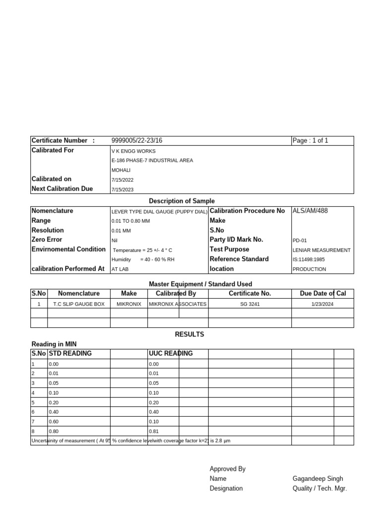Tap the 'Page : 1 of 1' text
311,141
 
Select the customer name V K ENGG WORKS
133,151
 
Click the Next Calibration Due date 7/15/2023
123,189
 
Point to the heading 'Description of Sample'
182,201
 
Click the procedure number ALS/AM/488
311,211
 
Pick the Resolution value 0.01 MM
122,231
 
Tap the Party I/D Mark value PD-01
300,240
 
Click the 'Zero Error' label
47,240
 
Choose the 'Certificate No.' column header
250,294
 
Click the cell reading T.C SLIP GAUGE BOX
79,304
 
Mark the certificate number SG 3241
250,304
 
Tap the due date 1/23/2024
323,304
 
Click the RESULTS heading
190,334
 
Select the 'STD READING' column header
70,354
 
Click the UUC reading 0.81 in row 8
154,432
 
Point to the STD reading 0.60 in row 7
53,422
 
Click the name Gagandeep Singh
317,479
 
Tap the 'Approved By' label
228,469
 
